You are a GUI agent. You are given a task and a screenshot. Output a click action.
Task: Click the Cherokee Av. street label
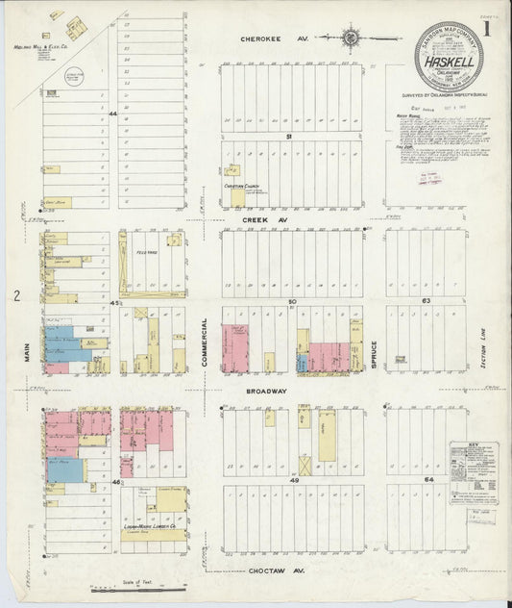265,39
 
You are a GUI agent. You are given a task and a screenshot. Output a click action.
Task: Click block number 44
112,114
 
